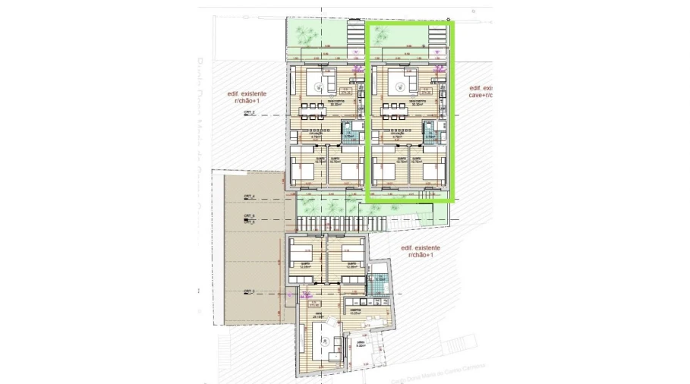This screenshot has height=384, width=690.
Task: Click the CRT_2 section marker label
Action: pos(249,112)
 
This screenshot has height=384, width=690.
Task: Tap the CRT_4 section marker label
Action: pos(249,197)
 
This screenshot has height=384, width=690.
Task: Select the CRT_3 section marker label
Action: pos(249,291)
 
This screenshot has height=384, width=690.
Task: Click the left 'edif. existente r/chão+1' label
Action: pos(248,96)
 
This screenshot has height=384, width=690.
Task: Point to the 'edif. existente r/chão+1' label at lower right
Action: pos(420,252)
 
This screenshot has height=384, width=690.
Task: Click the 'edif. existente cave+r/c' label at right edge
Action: pos(480,91)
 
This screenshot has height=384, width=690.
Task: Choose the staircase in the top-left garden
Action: pos(354,33)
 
